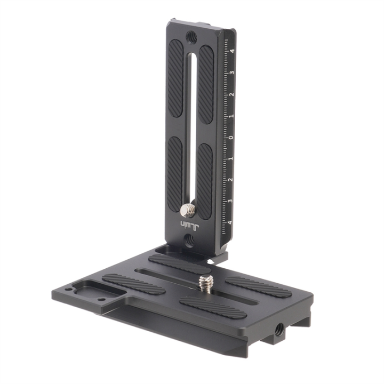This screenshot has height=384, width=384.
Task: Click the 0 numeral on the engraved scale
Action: tap(231, 137)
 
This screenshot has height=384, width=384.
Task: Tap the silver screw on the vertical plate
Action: tap(187, 210)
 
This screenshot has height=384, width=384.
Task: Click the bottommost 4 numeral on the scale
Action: tap(230, 222)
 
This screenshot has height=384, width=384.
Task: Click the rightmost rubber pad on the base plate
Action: tap(258, 287)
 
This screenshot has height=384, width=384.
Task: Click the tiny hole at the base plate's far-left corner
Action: tap(69, 290)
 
